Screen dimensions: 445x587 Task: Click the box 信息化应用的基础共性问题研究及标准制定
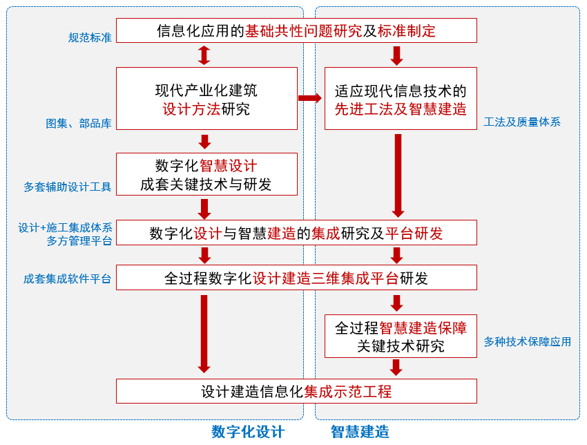(296, 30)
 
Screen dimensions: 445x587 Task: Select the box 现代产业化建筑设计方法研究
(206, 99)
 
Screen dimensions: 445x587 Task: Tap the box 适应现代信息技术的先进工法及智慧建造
(401, 99)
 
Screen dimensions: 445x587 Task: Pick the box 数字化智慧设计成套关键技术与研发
(206, 174)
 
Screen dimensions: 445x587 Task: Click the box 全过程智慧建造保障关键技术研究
(401, 337)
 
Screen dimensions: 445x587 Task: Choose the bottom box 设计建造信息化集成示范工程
(296, 391)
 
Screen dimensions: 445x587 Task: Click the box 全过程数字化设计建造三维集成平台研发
(296, 278)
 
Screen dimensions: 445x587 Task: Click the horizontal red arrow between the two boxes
(310, 98)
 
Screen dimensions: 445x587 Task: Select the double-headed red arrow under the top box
(204, 55)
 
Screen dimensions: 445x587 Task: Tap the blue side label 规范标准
(90, 37)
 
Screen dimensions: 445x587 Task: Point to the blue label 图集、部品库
(79, 124)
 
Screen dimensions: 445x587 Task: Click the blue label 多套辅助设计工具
(68, 187)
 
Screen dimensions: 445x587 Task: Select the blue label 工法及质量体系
(522, 122)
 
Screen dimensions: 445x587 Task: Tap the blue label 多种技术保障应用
(528, 341)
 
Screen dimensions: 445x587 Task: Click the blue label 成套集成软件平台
(68, 279)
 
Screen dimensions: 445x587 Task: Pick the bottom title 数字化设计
(248, 432)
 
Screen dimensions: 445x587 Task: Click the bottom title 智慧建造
(360, 432)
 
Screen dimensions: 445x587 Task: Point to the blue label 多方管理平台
(79, 240)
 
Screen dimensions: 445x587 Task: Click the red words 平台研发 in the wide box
(414, 234)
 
